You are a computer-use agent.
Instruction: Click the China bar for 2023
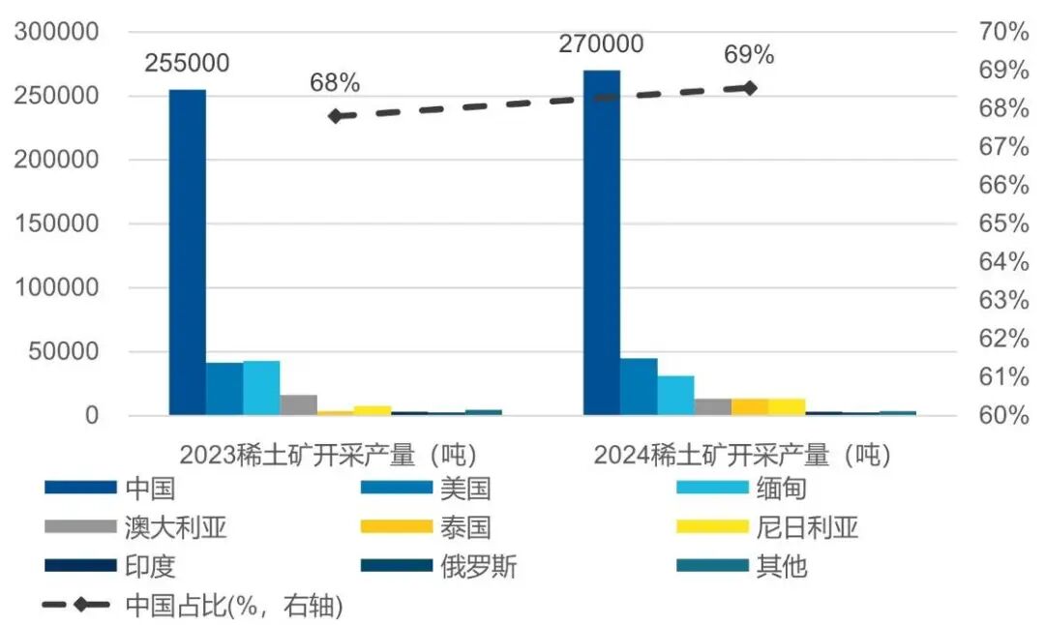pos(188,252)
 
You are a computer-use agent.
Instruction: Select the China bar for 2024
pos(601,242)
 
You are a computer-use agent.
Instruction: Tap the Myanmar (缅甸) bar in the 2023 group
pos(261,388)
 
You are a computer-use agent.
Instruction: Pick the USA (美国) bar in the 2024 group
pos(639,387)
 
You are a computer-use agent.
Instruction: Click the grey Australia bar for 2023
pos(298,404)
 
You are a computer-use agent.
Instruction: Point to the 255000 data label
pos(188,64)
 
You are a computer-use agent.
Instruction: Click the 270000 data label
pos(601,44)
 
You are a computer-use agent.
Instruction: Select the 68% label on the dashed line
pos(335,83)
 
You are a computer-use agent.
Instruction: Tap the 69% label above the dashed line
pos(749,55)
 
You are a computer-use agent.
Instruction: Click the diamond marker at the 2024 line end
pos(748,88)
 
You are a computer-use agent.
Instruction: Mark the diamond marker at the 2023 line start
pos(336,116)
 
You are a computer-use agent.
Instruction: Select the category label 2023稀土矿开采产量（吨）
pos(329,454)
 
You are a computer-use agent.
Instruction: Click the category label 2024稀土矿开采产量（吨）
pos(742,454)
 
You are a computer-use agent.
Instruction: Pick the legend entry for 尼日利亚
pos(808,527)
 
